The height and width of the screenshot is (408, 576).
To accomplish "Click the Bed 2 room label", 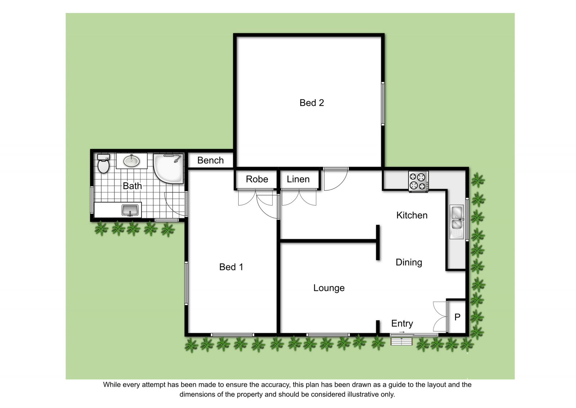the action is tap(312, 103).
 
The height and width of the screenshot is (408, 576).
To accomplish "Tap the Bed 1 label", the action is tap(231, 267).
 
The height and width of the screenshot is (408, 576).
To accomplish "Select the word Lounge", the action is tap(329, 288).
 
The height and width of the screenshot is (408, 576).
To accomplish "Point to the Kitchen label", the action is tap(412, 215).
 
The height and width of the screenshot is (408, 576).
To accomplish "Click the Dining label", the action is tap(409, 263).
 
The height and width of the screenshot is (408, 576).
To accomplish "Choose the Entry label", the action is tap(402, 324).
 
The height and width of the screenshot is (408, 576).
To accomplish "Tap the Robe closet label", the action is tap(257, 179).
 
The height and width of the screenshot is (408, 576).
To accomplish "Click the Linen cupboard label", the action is tap(298, 179).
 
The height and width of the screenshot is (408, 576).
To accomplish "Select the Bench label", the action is tap(210, 160).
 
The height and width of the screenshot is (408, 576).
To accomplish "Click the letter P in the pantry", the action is tap(457, 317).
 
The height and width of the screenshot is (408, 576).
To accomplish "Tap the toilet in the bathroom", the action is tap(103, 163).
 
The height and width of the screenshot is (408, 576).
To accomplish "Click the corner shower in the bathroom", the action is tap(168, 168).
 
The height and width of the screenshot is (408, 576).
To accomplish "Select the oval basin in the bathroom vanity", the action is tap(132, 161).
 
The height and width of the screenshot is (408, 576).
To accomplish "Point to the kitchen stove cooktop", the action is tap(418, 181).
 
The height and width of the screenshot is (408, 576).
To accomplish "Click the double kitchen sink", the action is tap(457, 221).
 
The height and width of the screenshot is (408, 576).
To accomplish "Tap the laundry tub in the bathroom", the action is tap(130, 210).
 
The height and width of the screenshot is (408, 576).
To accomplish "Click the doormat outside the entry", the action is tap(402, 342).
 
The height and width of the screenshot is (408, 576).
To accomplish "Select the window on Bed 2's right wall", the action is tap(383, 104).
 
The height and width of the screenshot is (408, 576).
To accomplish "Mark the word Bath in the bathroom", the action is tap(132, 186).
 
